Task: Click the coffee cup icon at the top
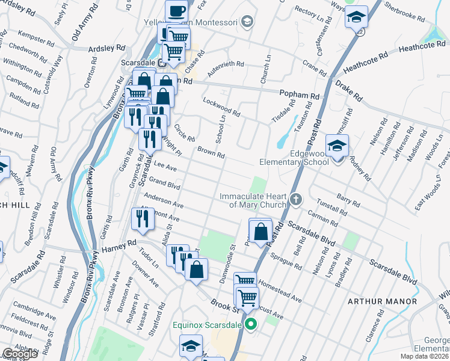(176, 11)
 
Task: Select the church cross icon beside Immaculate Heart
(295, 199)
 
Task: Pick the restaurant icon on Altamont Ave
(143, 220)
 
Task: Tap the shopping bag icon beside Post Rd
(260, 231)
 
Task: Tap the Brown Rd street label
(211, 152)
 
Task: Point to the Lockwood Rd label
(221, 107)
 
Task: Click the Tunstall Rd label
(331, 208)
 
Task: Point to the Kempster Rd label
(37, 39)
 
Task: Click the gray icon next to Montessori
(245, 22)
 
